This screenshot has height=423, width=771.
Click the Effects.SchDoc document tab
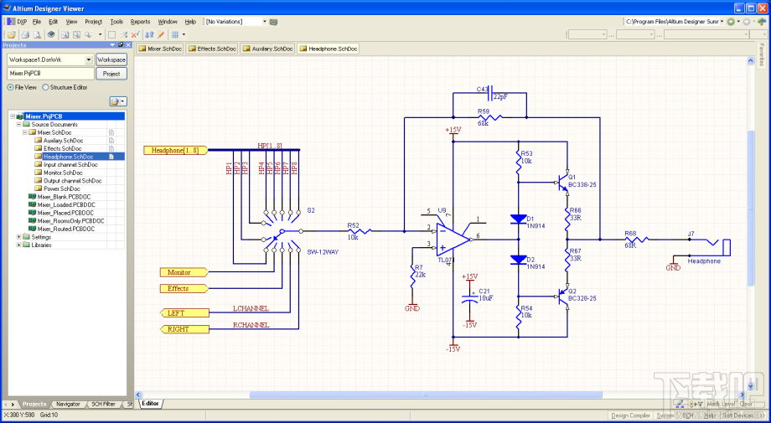(x=213, y=49)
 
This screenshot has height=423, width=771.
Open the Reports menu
(x=140, y=21)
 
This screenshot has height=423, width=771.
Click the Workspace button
(x=111, y=60)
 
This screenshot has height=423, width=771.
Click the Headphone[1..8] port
(x=174, y=150)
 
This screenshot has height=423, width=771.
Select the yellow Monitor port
(x=179, y=272)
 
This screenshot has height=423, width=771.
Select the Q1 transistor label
(x=572, y=177)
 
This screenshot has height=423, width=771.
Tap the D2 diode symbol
(x=518, y=260)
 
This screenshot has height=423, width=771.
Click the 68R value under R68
(x=630, y=245)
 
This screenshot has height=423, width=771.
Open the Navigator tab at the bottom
(x=68, y=404)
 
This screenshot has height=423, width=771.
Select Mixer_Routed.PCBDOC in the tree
(x=65, y=229)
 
